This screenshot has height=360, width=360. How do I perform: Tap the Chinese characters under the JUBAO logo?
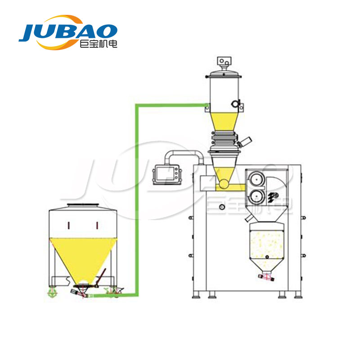99,44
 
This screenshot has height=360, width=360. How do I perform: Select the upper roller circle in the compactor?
256,179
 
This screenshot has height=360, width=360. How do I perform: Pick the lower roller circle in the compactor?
256,197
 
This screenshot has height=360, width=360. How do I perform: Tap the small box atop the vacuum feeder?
224,61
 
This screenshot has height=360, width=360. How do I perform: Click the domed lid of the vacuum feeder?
223,73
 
